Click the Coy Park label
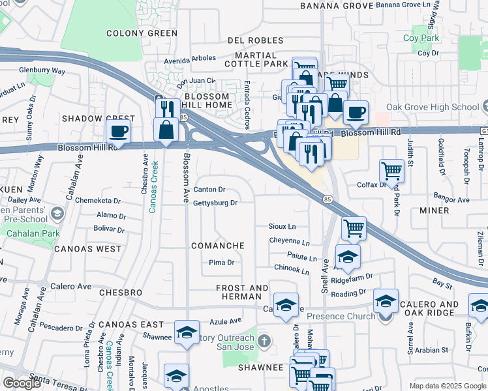[x=421, y=38]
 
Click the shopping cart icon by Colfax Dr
[x=391, y=171]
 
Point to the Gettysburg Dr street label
[x=215, y=203]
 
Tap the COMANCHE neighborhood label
[x=217, y=246]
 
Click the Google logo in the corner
[x=22, y=383]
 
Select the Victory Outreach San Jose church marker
[x=264, y=341]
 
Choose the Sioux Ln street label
[x=282, y=226]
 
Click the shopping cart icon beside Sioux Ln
[x=353, y=229]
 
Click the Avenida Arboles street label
[x=190, y=58]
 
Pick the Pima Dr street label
[x=221, y=262]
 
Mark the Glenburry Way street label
[x=42, y=70]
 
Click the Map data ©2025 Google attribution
[x=448, y=386]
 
